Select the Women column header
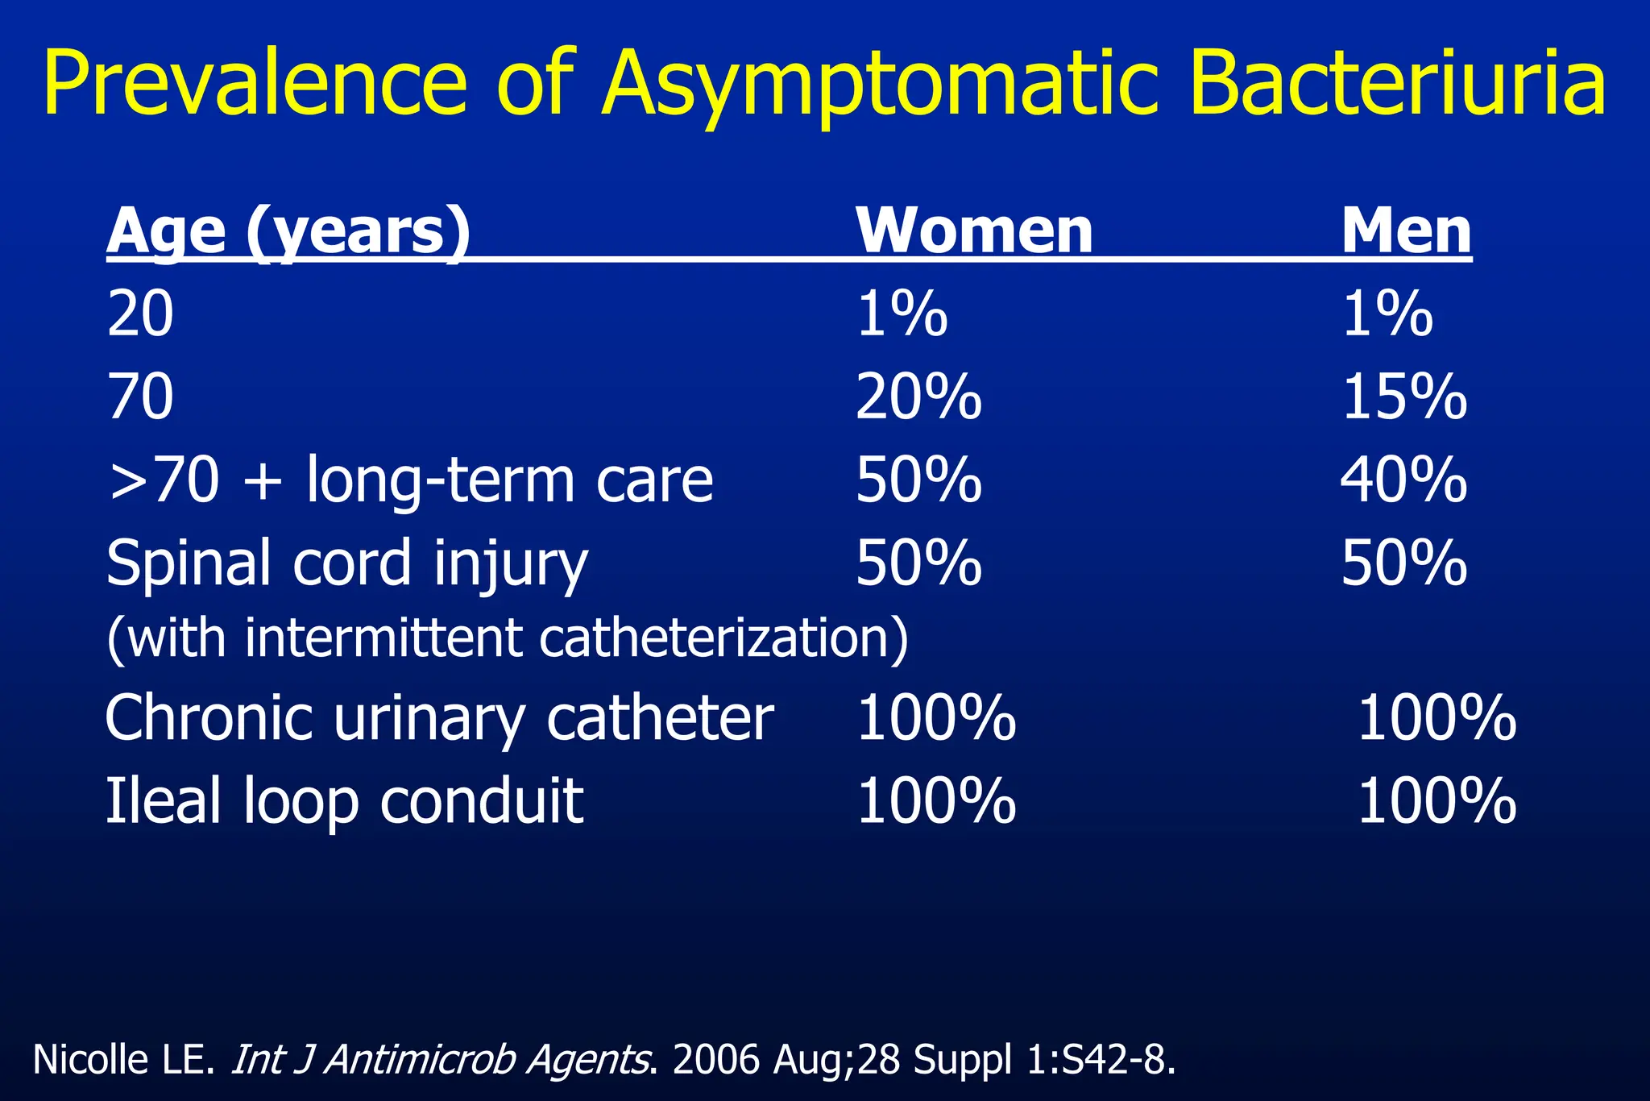[x=974, y=231]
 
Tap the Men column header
[x=1406, y=231]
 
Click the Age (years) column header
[x=288, y=231]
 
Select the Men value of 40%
[x=1403, y=480]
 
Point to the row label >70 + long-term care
[x=409, y=480]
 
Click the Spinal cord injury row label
[x=346, y=563]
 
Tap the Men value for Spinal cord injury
[x=1403, y=563]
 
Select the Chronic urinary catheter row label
[x=439, y=717]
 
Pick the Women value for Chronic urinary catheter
[x=935, y=717]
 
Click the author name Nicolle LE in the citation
[x=123, y=1059]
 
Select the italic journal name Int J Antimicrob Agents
[x=441, y=1059]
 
